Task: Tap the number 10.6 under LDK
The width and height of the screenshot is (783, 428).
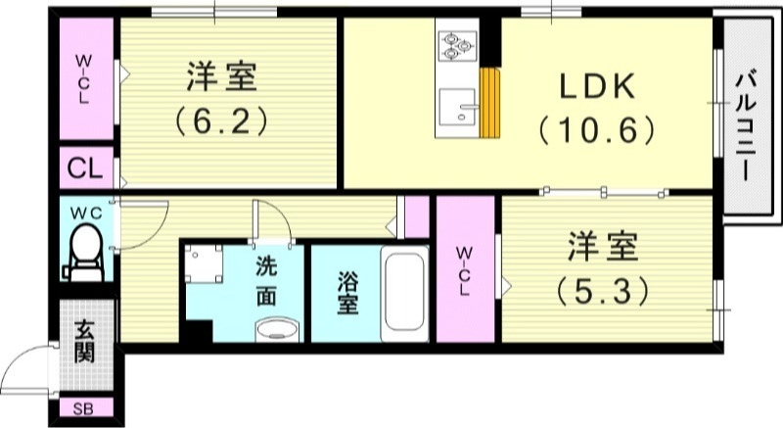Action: pos(595,128)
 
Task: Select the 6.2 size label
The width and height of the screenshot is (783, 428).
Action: pos(222,122)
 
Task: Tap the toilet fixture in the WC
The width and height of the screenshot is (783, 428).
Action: pos(84,250)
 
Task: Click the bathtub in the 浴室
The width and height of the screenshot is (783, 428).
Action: pos(403,291)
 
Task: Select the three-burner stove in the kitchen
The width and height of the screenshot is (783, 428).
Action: pos(455,44)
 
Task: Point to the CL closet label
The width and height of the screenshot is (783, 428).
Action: pos(85,168)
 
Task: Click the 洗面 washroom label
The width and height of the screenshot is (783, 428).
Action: pos(265,280)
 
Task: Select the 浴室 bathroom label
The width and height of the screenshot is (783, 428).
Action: pos(346,291)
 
